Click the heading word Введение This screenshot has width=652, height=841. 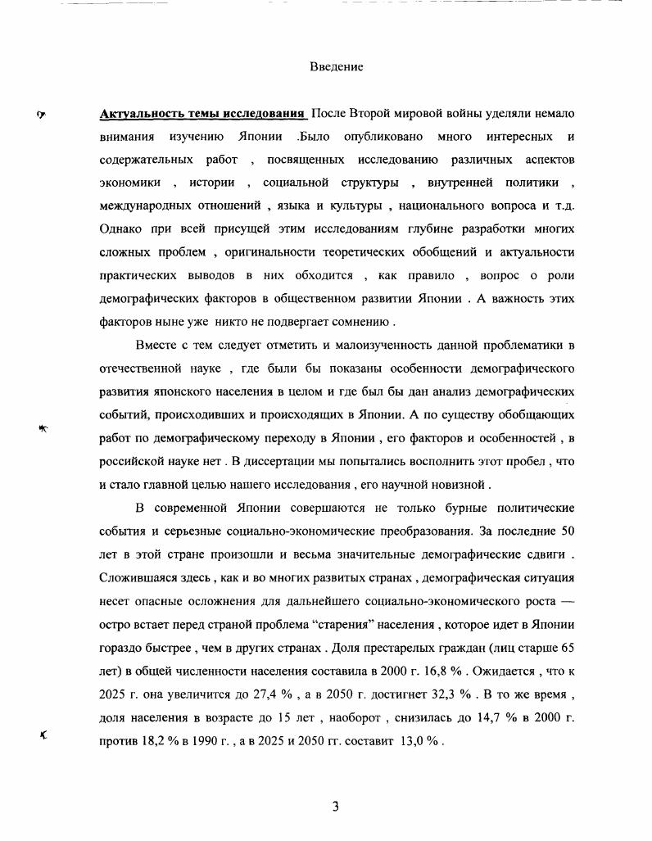tap(336, 66)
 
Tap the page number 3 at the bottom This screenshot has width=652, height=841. tap(335, 806)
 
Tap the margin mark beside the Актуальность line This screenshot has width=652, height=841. tap(42, 114)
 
